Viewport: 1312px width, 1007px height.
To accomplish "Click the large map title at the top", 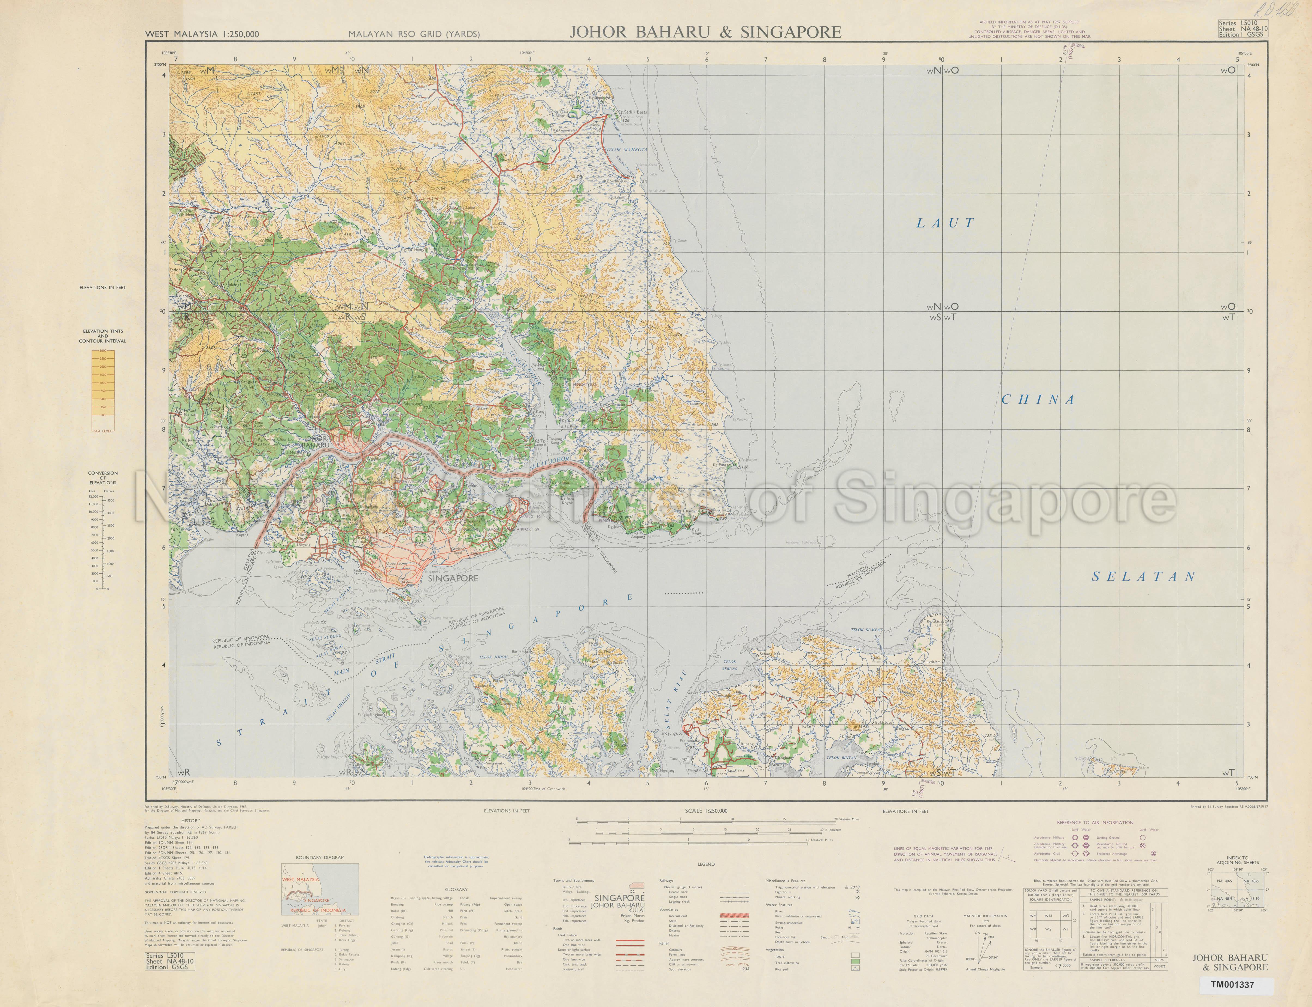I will [x=705, y=32].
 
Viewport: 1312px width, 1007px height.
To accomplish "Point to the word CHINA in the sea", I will [x=1039, y=400].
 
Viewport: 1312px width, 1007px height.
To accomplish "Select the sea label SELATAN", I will [x=1144, y=577].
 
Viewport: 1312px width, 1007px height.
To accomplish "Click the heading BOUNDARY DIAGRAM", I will [x=320, y=858].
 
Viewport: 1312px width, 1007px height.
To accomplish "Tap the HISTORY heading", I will [x=191, y=821].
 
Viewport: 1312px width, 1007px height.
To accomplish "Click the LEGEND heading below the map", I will [x=706, y=864].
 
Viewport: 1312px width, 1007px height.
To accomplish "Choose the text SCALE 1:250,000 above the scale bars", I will [x=706, y=811].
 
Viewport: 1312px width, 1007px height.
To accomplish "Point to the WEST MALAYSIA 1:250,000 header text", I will [x=202, y=34].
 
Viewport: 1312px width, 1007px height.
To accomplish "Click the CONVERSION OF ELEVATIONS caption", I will [x=102, y=478].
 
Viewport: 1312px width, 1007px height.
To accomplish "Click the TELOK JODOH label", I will [x=493, y=657].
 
